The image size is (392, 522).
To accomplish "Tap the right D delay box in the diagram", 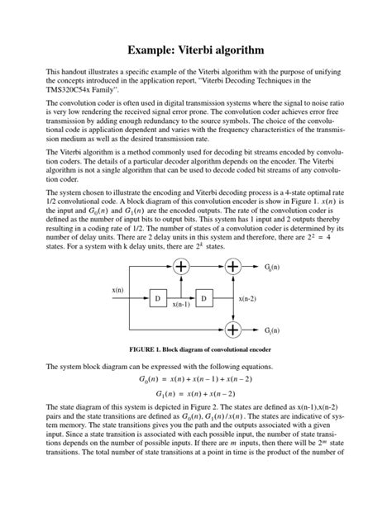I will click(203, 297).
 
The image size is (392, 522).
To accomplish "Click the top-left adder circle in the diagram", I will click(181, 267).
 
